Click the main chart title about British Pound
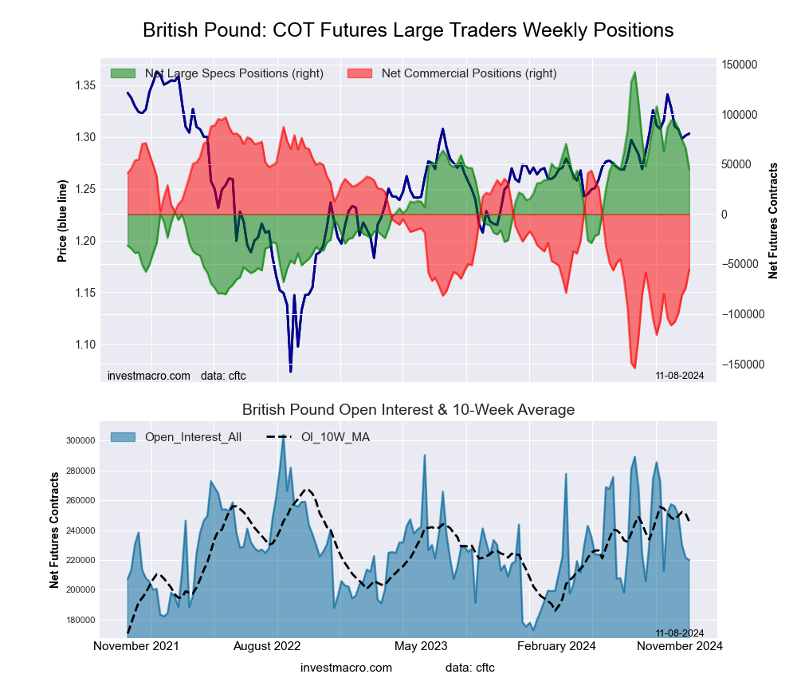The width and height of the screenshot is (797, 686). click(x=408, y=30)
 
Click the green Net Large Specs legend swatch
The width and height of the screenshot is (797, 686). click(x=124, y=73)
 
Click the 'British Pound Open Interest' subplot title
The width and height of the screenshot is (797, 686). click(x=408, y=410)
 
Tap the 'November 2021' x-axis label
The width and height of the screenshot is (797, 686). click(x=136, y=645)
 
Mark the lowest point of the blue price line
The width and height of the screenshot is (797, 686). click(x=290, y=372)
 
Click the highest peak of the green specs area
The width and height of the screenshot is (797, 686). click(x=634, y=73)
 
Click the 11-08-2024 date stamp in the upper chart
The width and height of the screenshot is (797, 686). click(x=680, y=375)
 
